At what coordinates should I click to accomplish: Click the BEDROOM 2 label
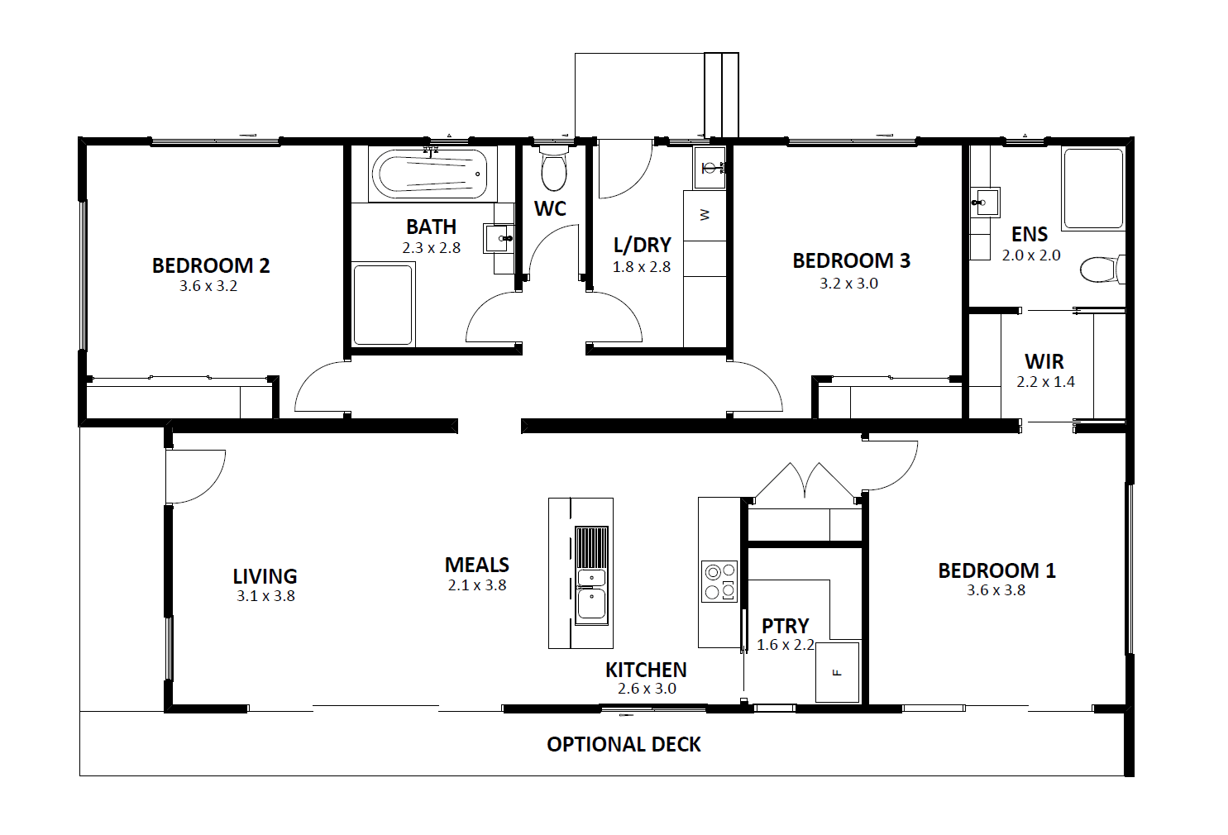(x=211, y=265)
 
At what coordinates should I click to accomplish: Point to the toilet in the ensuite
(x=1102, y=270)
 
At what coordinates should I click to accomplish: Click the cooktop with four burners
(x=719, y=582)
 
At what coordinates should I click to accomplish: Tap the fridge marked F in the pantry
(x=837, y=673)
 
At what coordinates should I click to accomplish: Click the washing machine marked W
(x=705, y=215)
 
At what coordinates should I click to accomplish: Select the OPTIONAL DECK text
(x=624, y=745)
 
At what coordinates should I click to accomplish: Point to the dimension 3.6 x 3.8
(x=996, y=590)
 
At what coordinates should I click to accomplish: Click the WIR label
(x=1044, y=361)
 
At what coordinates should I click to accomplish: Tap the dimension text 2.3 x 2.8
(x=432, y=248)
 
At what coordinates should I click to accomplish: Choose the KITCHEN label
(x=646, y=670)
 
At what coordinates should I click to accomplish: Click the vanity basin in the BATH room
(x=499, y=238)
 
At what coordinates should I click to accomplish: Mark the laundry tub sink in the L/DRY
(x=710, y=168)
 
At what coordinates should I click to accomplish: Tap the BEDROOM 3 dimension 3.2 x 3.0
(x=848, y=284)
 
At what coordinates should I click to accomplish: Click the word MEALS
(x=477, y=565)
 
